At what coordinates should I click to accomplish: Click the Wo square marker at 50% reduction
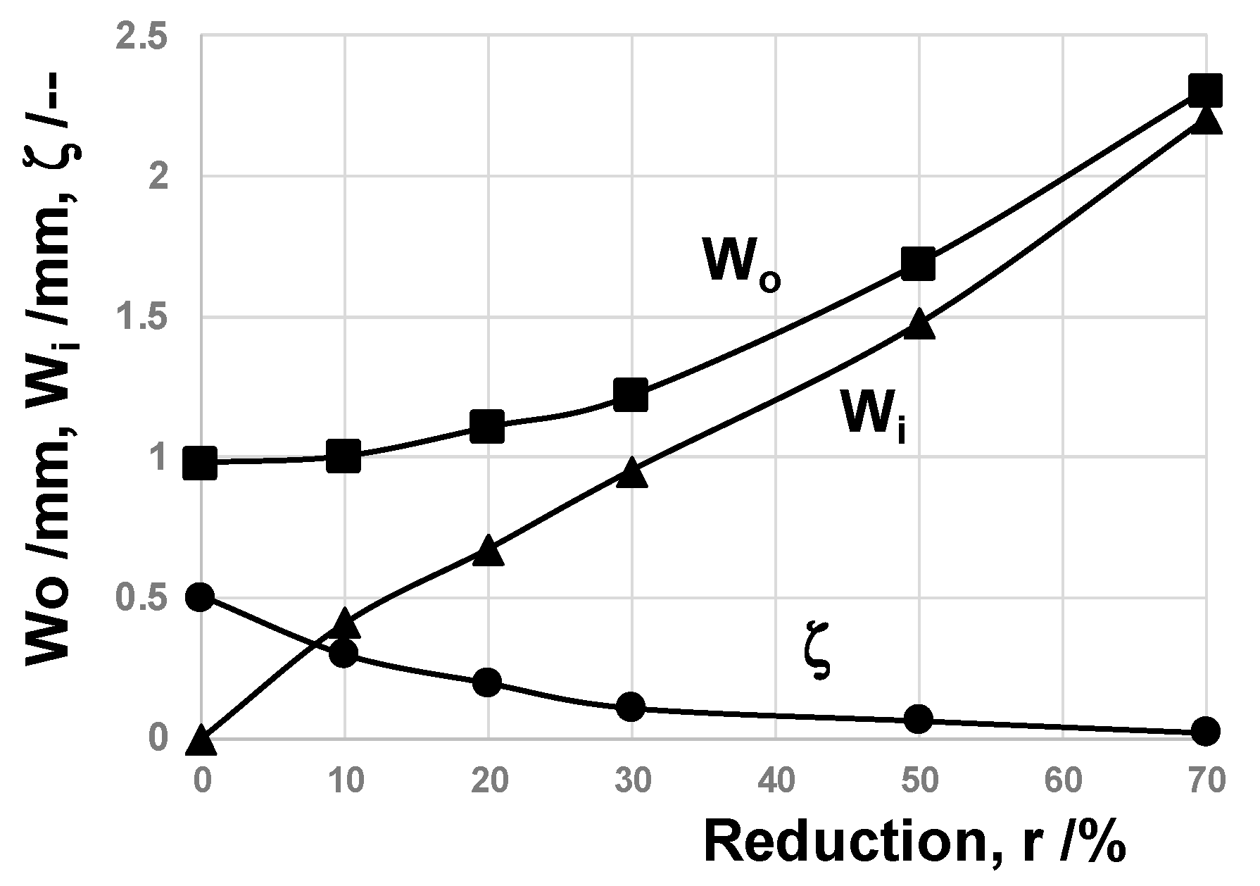click(x=918, y=264)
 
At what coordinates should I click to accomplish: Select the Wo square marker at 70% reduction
click(x=1204, y=91)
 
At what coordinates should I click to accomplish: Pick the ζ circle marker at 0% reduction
click(x=200, y=597)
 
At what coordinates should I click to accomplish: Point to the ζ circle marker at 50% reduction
click(x=918, y=719)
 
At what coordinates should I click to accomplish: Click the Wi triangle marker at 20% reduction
click(x=488, y=551)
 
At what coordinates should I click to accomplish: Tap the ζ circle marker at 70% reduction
click(x=1204, y=731)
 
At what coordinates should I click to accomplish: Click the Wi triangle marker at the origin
click(x=201, y=742)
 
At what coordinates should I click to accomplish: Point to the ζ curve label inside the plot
click(x=817, y=659)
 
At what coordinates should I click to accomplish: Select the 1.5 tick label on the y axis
click(x=148, y=318)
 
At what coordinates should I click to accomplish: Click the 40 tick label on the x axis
click(x=774, y=781)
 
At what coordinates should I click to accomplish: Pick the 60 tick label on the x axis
click(x=1061, y=781)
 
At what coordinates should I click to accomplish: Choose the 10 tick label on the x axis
click(x=344, y=781)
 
